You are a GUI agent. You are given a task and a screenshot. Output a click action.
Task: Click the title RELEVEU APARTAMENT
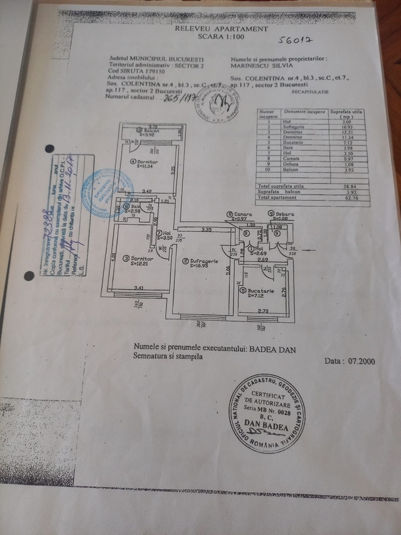click(x=221, y=28)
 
